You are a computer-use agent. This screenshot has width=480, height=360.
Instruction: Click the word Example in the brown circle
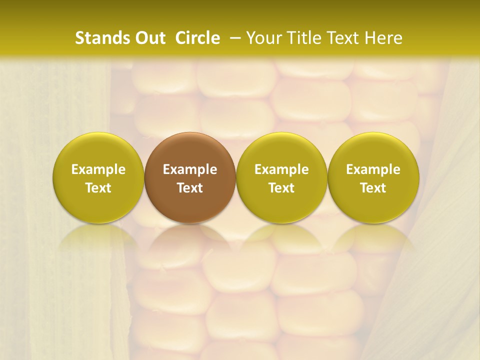click(190, 169)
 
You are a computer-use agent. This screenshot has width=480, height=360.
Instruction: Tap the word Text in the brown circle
click(190, 188)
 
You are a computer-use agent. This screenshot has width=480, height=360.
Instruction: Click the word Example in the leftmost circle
click(98, 169)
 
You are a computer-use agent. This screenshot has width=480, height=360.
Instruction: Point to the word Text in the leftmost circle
click(98, 188)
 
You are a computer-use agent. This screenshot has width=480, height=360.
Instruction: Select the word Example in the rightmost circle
click(373, 169)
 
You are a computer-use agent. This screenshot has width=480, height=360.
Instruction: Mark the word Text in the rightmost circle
click(373, 188)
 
